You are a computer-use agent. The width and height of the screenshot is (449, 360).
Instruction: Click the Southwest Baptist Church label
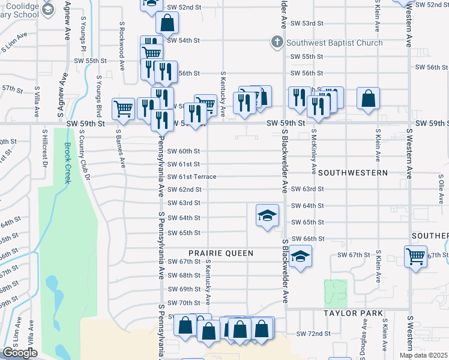pos(334,43)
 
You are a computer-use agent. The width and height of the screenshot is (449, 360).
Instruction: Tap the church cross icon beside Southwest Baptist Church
pos(277,42)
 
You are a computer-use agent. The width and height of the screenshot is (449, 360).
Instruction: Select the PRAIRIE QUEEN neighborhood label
pos(222,253)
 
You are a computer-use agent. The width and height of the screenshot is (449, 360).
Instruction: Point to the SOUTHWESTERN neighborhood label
pos(352,172)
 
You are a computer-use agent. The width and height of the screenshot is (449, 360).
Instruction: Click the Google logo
pos(20,353)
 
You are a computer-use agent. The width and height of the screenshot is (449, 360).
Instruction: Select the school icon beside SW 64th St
pos(267,216)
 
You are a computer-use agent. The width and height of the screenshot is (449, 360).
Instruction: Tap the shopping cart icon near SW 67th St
pos(415,256)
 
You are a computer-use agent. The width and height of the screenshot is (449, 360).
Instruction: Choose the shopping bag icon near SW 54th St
pos(167,24)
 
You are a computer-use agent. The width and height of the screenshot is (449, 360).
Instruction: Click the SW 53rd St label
pos(307,23)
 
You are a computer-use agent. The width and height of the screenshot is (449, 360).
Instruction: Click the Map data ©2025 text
pos(423,355)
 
